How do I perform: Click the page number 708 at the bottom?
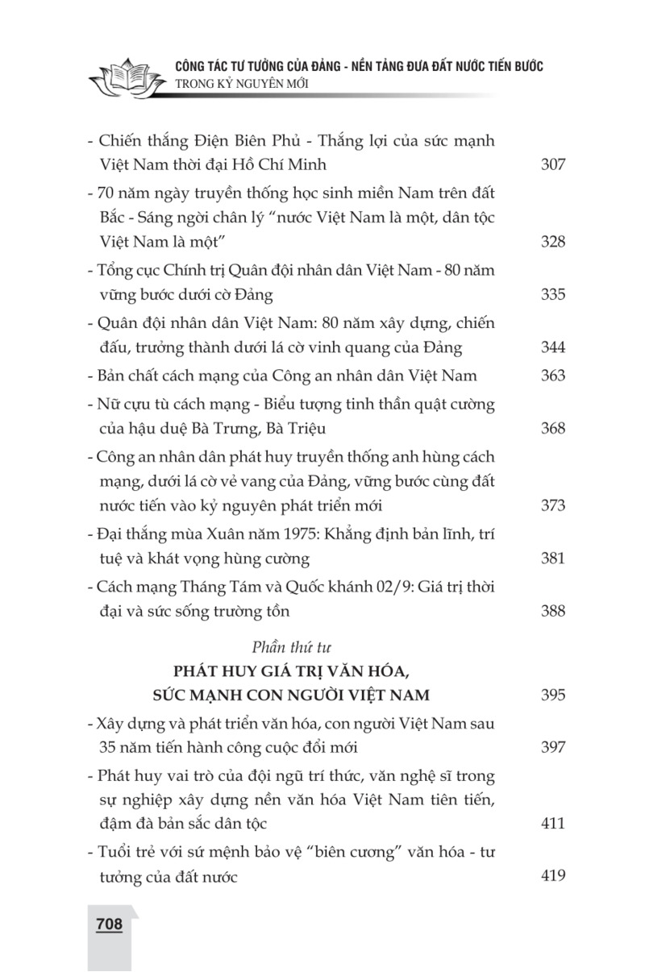109,924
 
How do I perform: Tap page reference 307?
553,165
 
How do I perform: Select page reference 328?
553,242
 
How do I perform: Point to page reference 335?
553,294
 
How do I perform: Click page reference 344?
553,347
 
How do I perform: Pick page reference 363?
553,376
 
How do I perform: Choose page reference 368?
553,428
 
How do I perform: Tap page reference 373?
553,506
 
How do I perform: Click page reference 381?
553,559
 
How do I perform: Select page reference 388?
553,611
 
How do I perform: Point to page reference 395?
553,695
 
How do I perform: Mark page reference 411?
553,824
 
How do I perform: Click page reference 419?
553,876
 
